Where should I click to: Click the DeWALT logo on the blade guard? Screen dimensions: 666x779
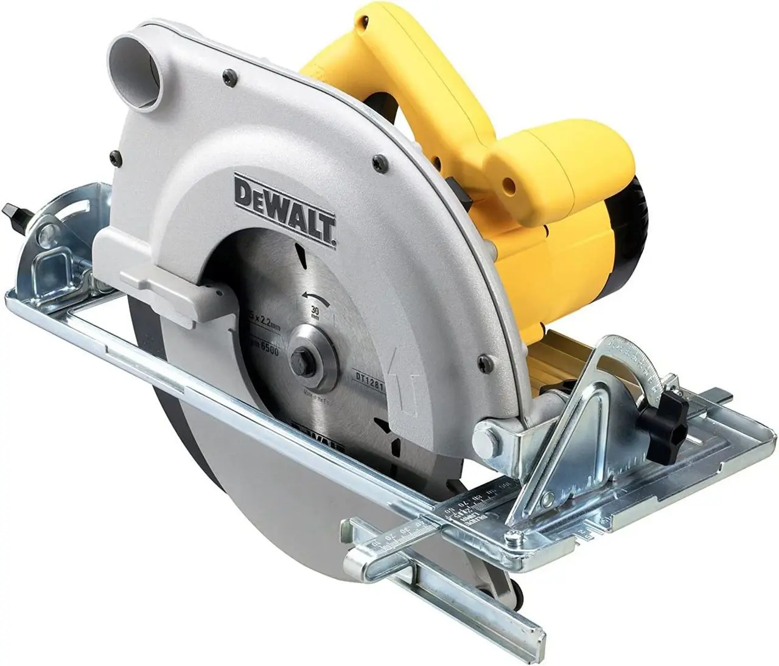(285, 209)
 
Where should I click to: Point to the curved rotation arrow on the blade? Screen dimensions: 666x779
(316, 296)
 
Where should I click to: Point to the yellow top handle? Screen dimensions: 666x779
(389, 91)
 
